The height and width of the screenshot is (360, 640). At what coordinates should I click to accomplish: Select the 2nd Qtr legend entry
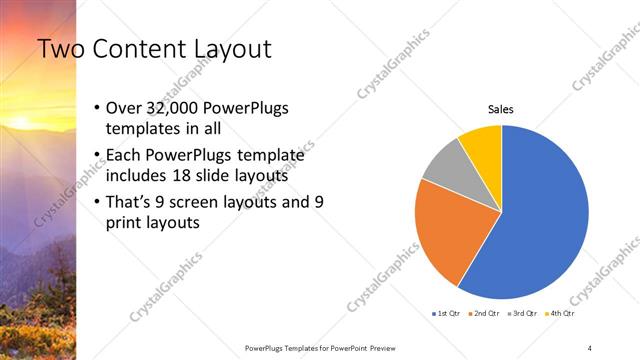(x=484, y=313)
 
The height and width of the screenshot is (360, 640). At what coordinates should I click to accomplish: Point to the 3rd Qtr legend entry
(x=522, y=313)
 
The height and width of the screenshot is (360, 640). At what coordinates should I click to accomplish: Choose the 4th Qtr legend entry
(x=560, y=313)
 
